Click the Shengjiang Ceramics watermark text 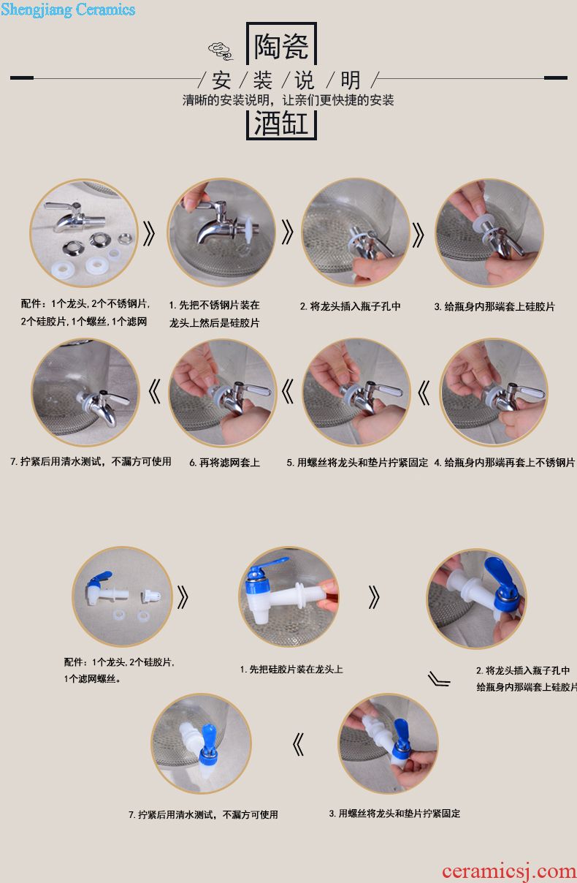68,10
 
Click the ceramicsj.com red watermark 509,871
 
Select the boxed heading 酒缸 280,124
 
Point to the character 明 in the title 350,80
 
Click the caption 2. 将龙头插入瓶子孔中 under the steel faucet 350,306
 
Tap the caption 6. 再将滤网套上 224,463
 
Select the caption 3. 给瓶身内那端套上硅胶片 494,306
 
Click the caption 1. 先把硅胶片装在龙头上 291,669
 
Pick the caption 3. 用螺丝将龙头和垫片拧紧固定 394,814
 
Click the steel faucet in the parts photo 74,216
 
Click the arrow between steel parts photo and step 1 148,233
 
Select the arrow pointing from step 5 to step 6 288,392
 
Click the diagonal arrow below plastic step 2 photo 439,679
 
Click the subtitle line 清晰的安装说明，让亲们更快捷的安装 288,100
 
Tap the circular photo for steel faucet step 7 85,393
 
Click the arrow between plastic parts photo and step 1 183,597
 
